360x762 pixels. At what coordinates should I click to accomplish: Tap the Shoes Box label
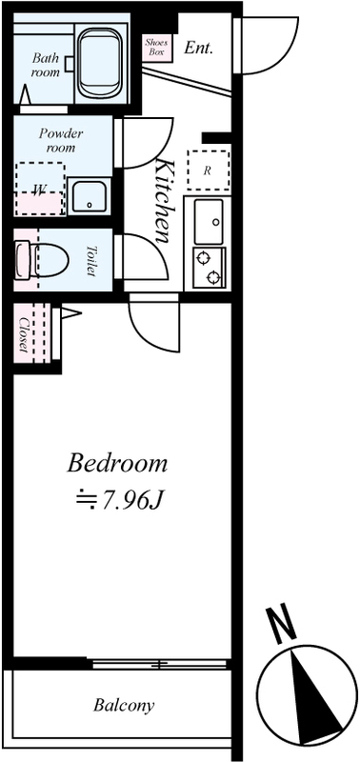(156, 47)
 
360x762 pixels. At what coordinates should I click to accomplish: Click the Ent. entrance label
(199, 48)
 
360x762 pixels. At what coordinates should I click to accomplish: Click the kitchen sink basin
(209, 221)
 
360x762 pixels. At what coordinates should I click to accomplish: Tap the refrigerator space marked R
(208, 170)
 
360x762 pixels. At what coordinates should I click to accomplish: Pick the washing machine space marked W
(40, 189)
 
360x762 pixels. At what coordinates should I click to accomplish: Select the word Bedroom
(117, 464)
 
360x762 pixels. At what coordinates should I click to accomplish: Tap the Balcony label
(124, 705)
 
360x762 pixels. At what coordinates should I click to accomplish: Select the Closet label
(23, 335)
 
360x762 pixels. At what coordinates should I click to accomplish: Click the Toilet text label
(90, 260)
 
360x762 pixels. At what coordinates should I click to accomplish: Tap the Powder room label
(61, 140)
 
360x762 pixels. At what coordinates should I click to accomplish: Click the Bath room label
(46, 66)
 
